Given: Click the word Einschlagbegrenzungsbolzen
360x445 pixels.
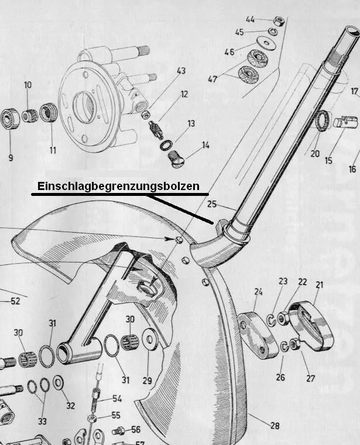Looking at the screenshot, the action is coord(118,187).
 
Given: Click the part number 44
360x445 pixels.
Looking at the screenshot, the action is coord(250,19).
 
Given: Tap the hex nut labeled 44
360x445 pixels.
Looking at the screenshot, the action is coord(279,21).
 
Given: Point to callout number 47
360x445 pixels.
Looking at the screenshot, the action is coord(212,79).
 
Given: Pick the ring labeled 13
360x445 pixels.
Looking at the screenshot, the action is coord(166,145).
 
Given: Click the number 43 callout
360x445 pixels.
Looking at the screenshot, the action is coord(181,71).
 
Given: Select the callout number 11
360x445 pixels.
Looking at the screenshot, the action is coord(53,150).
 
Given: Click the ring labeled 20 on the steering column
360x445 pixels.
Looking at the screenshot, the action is coord(323,122).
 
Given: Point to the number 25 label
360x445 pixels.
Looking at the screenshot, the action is coord(212,204).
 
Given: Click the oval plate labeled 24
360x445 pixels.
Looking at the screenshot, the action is coord(258,334).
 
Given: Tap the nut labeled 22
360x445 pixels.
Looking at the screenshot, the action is coord(283,318).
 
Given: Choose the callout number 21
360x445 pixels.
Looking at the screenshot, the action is coord(320,285).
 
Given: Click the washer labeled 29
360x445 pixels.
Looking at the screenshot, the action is coord(150,339).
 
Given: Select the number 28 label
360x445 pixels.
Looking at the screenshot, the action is coord(275,426).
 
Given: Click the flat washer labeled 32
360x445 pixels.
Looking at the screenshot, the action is coord(59,384).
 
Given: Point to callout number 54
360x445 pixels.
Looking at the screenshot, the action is coord(117,398).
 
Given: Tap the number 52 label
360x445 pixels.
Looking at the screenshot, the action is coord(15,301).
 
